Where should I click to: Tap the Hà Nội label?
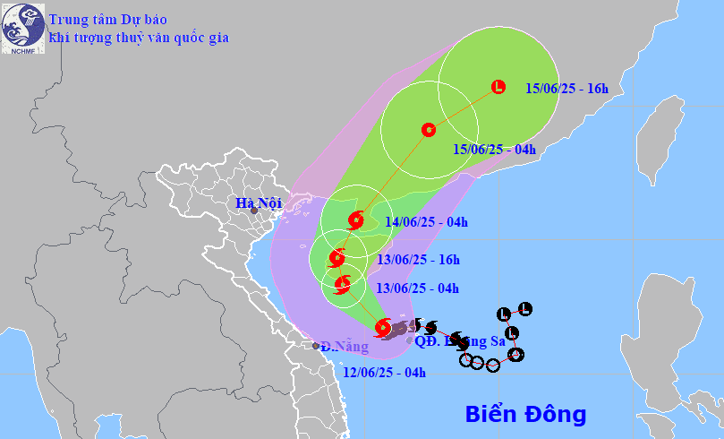257,203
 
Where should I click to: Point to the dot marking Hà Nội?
254,211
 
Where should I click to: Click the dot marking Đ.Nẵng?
316,346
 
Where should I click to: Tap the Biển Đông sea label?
525,414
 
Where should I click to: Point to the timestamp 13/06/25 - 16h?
418,260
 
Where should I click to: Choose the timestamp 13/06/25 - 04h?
417,288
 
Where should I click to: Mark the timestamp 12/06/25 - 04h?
385,372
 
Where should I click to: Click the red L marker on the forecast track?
498,87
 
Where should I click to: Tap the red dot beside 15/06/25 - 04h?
428,129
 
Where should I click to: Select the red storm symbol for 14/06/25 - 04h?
356,219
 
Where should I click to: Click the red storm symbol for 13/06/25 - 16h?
336,259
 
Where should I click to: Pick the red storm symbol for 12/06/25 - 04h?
383,328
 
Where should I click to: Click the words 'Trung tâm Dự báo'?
107,19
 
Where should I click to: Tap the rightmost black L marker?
525,309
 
